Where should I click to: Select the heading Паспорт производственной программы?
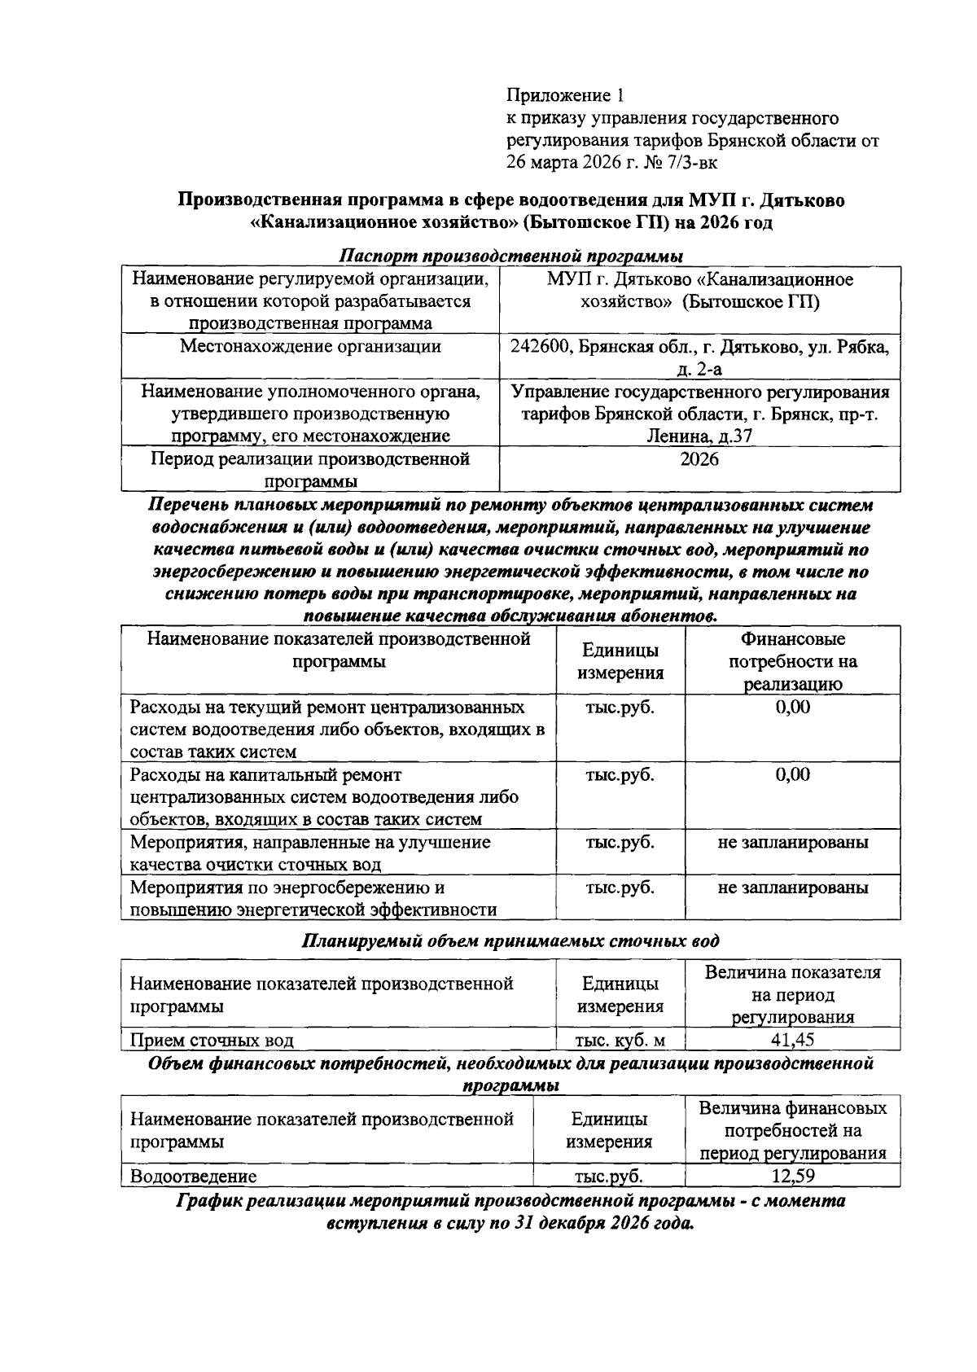(x=510, y=255)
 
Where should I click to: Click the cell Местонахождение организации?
(x=310, y=347)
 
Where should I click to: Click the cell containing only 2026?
(x=699, y=459)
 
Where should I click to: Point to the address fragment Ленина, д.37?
(x=699, y=436)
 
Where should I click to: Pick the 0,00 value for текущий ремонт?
(x=792, y=707)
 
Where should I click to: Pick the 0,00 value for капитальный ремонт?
(x=792, y=774)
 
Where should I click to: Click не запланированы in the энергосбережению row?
(x=792, y=888)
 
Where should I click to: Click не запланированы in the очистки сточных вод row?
(x=792, y=842)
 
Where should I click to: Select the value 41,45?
(x=792, y=1040)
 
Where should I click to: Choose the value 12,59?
(x=792, y=1176)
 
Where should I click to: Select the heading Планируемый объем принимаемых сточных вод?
(x=510, y=941)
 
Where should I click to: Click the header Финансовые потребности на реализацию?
(x=792, y=661)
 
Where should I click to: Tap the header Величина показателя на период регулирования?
(x=792, y=994)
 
